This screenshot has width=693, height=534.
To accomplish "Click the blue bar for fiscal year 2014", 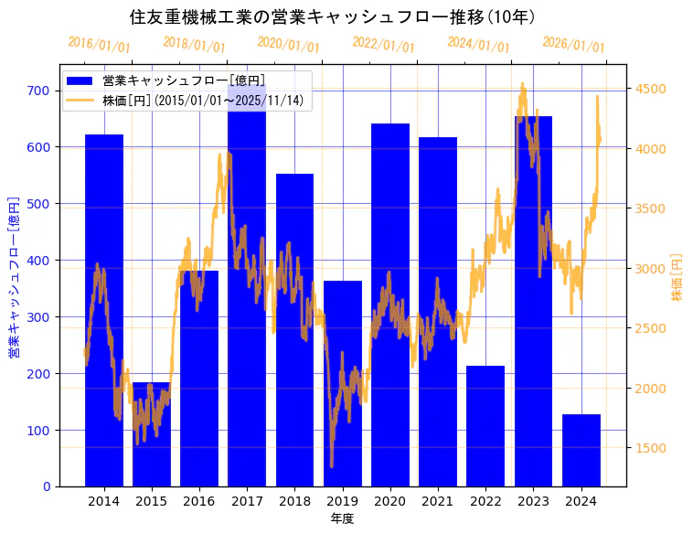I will click(x=104, y=311).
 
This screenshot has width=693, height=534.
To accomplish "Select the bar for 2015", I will click(x=152, y=434).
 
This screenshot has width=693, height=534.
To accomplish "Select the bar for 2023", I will click(x=533, y=302).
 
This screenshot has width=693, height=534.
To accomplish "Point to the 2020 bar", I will click(x=390, y=305).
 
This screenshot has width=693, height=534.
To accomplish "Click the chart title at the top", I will click(x=333, y=17).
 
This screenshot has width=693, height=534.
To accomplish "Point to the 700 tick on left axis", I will click(x=38, y=91).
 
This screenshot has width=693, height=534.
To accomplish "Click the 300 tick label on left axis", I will click(x=38, y=317).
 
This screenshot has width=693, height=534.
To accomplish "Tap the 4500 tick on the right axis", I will click(x=651, y=89).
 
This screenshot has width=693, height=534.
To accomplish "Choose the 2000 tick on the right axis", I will click(x=651, y=389).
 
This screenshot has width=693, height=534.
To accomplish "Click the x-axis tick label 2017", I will click(x=247, y=501).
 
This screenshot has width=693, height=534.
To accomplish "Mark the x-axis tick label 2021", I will click(x=438, y=501).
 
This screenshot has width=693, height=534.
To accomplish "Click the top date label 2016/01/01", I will click(x=99, y=45).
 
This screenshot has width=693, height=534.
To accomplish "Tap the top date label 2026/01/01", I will click(x=573, y=45).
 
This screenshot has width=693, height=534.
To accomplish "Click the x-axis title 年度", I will click(x=343, y=518).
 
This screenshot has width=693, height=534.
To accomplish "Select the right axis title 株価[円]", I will click(x=677, y=277).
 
